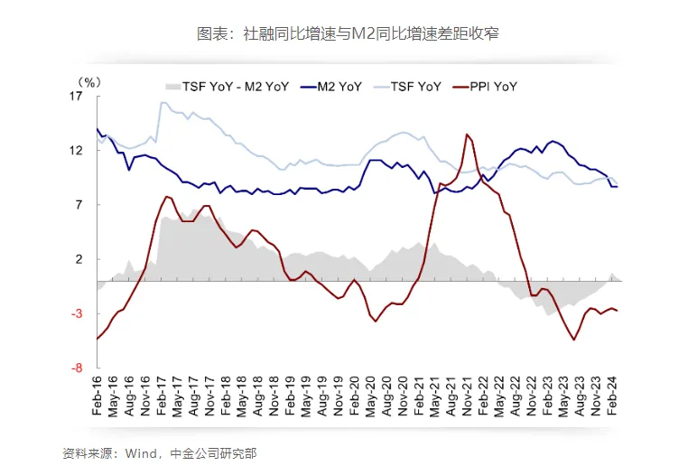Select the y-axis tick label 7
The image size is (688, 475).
point(79,205)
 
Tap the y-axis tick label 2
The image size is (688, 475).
point(79,259)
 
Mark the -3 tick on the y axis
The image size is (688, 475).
point(78,313)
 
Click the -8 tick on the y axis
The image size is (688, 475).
point(78,368)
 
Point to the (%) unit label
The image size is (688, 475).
point(89,80)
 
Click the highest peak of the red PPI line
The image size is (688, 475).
point(467,135)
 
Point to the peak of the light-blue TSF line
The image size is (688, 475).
point(163,102)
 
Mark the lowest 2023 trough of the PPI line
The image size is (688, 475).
point(573,340)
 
